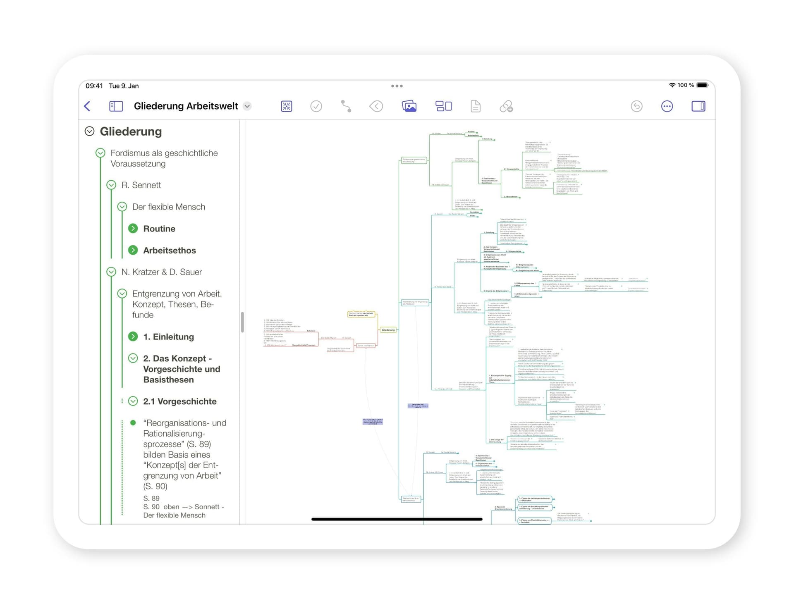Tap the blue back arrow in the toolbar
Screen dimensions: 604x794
tap(87, 106)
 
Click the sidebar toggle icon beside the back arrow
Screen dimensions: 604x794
tap(116, 106)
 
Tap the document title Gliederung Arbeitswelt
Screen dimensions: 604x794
tap(186, 106)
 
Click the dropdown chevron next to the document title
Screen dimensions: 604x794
tap(247, 106)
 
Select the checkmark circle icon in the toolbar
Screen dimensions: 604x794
tap(316, 106)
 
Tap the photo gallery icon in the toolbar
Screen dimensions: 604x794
tap(409, 106)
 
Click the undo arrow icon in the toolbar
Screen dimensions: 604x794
tap(636, 106)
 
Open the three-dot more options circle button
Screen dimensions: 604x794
tap(667, 106)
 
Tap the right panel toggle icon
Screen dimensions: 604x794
tap(698, 106)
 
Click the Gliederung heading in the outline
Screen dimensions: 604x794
tap(131, 131)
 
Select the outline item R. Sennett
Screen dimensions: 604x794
tap(141, 185)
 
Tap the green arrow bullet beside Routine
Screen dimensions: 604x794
tap(133, 228)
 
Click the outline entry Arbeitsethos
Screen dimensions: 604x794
tap(170, 250)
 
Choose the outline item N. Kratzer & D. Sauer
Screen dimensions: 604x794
tap(161, 272)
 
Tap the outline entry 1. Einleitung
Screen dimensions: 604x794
tap(168, 337)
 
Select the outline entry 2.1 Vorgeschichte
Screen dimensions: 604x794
tap(179, 401)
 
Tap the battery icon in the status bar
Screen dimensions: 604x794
tap(702, 85)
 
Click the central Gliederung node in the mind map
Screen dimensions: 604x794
tap(388, 330)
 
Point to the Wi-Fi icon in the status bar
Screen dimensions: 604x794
tap(672, 85)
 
